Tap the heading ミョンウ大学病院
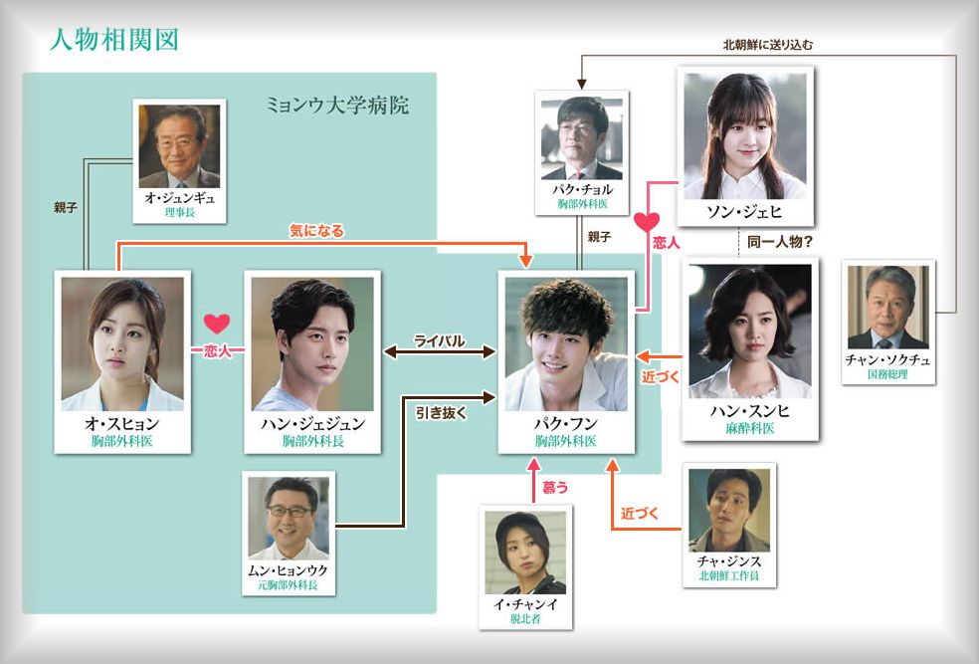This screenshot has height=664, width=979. click(338, 105)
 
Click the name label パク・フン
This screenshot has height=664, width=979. click(565, 423)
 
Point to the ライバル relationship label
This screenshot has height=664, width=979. click(440, 340)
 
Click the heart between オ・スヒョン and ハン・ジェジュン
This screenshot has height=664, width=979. click(217, 324)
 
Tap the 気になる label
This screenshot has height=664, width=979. click(316, 231)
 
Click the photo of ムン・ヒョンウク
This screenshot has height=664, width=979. click(289, 516)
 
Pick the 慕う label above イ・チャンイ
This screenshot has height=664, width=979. click(555, 487)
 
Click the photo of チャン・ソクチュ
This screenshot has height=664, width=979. click(887, 307)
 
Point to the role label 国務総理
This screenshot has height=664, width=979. click(887, 375)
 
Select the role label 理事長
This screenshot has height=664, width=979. click(179, 212)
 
